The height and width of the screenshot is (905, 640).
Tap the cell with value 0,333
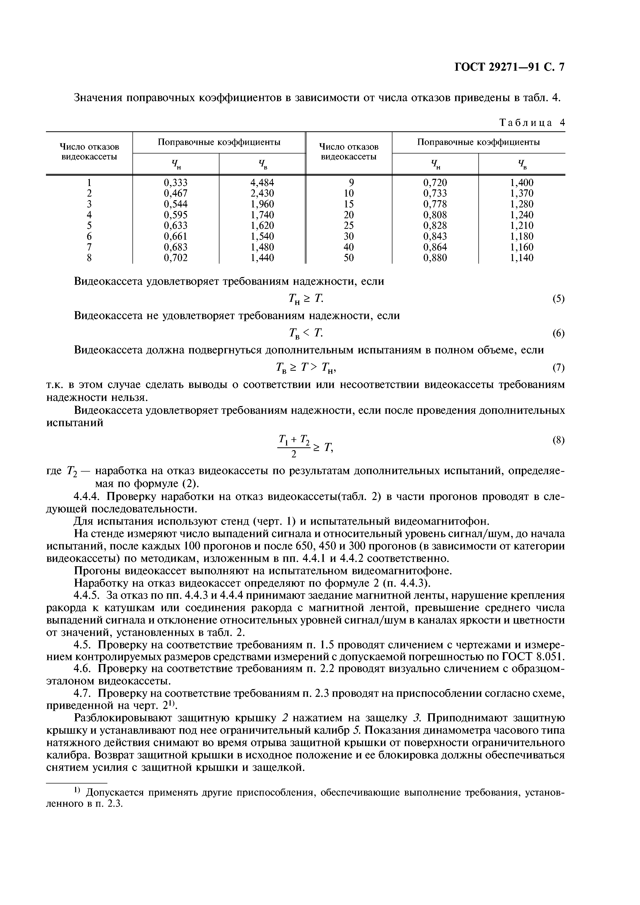pyautogui.click(x=176, y=182)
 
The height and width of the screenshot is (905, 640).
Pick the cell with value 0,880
pyautogui.click(x=435, y=258)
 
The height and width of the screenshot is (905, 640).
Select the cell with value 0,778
pyautogui.click(x=435, y=204)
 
